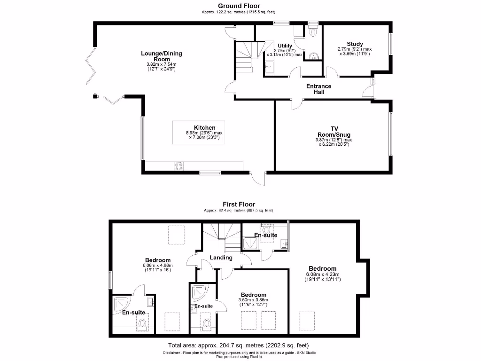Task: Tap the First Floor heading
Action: tap(239, 204)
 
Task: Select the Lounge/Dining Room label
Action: tap(162, 56)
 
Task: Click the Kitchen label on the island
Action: tap(205, 127)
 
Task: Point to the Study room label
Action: tap(355, 44)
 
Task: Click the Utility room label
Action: tap(285, 46)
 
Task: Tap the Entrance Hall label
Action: tap(318, 89)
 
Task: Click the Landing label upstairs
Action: tap(221, 258)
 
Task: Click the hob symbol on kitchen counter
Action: tap(179, 166)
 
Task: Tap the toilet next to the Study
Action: tap(313, 31)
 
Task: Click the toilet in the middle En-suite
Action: tap(206, 325)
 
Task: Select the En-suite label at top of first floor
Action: tap(265, 235)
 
